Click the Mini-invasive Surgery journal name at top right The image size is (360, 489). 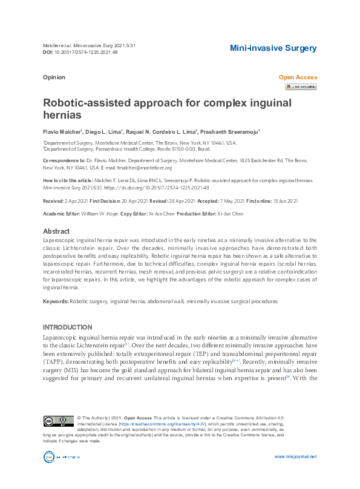click(x=273, y=48)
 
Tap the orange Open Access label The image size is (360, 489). click(x=297, y=77)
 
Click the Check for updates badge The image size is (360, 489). click(x=301, y=87)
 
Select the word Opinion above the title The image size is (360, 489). click(x=54, y=77)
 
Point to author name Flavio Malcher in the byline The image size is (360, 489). click(x=63, y=131)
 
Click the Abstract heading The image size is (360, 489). click(x=56, y=231)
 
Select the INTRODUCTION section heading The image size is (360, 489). click(x=67, y=327)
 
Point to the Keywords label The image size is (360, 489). click(x=56, y=301)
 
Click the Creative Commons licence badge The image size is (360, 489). click(x=58, y=421)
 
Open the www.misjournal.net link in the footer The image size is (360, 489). click(x=295, y=456)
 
